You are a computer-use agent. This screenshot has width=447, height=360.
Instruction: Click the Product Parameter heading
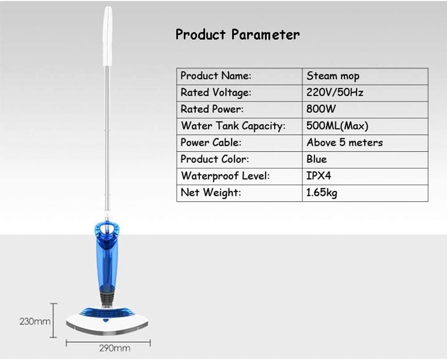coord(237,34)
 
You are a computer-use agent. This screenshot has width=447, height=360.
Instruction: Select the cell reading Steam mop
coord(333,76)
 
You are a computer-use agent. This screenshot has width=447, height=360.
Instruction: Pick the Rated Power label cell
coord(212,109)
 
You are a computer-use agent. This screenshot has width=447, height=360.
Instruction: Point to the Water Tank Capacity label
coord(233,126)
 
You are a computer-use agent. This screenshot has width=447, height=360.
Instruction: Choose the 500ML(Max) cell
coord(337,126)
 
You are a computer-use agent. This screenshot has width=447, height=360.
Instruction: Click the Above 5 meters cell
coord(344,143)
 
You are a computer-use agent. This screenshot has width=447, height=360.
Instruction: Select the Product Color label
coord(214,159)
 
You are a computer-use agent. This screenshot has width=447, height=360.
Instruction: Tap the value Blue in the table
coord(317,159)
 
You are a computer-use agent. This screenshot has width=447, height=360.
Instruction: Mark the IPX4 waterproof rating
coord(319,176)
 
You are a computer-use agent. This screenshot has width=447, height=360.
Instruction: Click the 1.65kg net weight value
coord(322,193)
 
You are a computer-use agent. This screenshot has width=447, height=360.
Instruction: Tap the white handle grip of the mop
coord(107,36)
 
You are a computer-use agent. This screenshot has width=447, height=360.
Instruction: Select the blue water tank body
coord(107,263)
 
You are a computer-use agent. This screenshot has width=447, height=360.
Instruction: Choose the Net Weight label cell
coord(210,193)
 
